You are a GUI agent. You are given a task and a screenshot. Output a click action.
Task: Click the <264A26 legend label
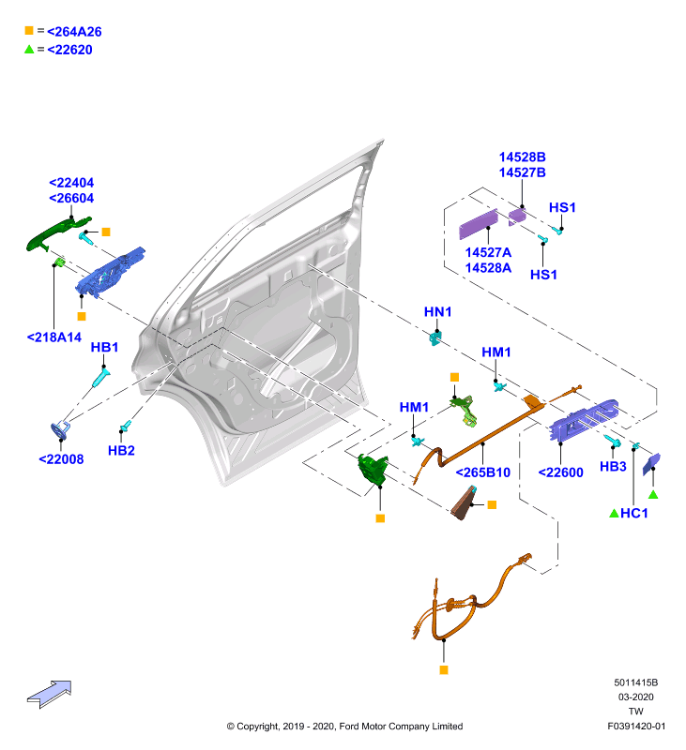(x=74, y=32)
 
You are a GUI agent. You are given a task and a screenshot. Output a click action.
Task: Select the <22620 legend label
(x=69, y=50)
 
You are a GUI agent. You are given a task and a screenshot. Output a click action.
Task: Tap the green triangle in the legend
(x=29, y=49)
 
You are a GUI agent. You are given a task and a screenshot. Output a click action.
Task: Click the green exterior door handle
(x=56, y=232)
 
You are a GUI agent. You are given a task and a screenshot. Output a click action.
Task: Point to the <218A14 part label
(x=54, y=337)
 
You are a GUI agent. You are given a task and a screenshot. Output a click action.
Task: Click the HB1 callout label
(x=104, y=347)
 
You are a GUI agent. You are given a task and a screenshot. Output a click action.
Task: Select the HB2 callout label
(x=121, y=451)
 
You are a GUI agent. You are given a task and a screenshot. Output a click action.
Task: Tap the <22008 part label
(x=61, y=459)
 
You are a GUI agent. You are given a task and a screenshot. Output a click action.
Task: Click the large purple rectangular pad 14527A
(x=479, y=224)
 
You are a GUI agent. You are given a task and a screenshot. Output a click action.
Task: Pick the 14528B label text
(x=523, y=157)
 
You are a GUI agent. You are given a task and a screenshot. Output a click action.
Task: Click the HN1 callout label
(x=437, y=312)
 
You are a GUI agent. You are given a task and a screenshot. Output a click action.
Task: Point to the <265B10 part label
(x=483, y=472)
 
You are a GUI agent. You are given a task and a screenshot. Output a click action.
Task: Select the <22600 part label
(x=560, y=472)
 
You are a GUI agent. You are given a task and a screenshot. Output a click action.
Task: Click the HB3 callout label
(x=613, y=466)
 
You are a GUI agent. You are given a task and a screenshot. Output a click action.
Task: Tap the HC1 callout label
(x=633, y=513)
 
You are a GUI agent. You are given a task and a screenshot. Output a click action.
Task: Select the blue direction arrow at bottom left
(x=50, y=694)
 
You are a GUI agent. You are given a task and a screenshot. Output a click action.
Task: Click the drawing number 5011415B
(x=635, y=682)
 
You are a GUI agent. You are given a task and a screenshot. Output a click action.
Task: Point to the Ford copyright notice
(x=344, y=726)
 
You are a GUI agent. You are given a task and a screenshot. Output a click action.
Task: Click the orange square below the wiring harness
(x=444, y=670)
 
